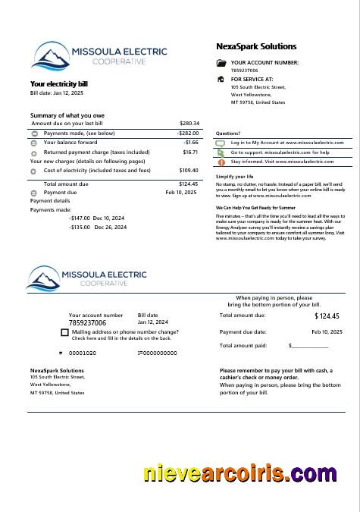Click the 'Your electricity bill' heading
pyautogui.click(x=59, y=83)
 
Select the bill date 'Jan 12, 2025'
pyautogui.click(x=68, y=93)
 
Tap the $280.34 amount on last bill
pyautogui.click(x=189, y=123)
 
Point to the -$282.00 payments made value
pyautogui.click(x=188, y=133)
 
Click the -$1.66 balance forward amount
pyautogui.click(x=190, y=143)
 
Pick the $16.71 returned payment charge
pyautogui.click(x=190, y=152)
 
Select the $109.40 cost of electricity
pyautogui.click(x=189, y=171)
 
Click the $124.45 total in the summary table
pyautogui.click(x=189, y=184)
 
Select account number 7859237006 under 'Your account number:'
pyautogui.click(x=244, y=70)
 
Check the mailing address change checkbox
pyautogui.click(x=64, y=332)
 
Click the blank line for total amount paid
pyautogui.click(x=310, y=346)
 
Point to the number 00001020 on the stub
pyautogui.click(x=83, y=353)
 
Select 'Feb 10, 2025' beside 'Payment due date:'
pyautogui.click(x=327, y=332)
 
